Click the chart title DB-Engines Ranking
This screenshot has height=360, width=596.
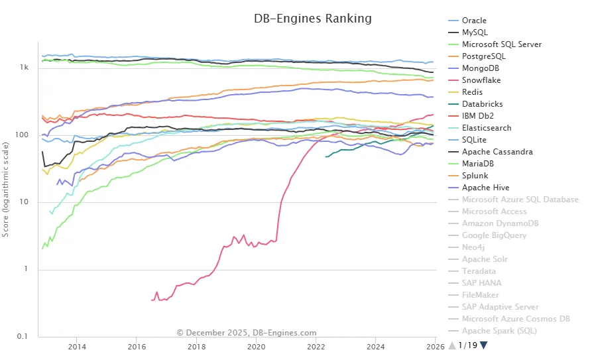(313, 19)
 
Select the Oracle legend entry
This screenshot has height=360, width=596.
(473, 21)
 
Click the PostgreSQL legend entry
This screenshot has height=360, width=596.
(483, 56)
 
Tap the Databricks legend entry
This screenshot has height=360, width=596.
(482, 104)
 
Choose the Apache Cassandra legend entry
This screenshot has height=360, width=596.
(497, 152)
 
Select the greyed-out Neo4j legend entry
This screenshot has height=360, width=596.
(475, 247)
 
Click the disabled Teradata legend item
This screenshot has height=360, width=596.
(479, 271)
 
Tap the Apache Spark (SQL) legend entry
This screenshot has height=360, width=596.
(499, 331)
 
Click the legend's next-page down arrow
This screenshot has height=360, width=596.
(483, 345)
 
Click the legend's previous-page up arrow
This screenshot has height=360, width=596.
(452, 345)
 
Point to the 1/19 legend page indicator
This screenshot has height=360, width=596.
(467, 345)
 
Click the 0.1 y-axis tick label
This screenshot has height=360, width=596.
(23, 337)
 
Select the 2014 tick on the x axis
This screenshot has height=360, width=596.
(77, 346)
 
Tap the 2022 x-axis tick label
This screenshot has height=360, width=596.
(316, 346)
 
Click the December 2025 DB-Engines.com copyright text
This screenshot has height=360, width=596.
(246, 333)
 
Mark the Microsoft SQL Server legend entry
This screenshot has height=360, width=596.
(501, 44)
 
